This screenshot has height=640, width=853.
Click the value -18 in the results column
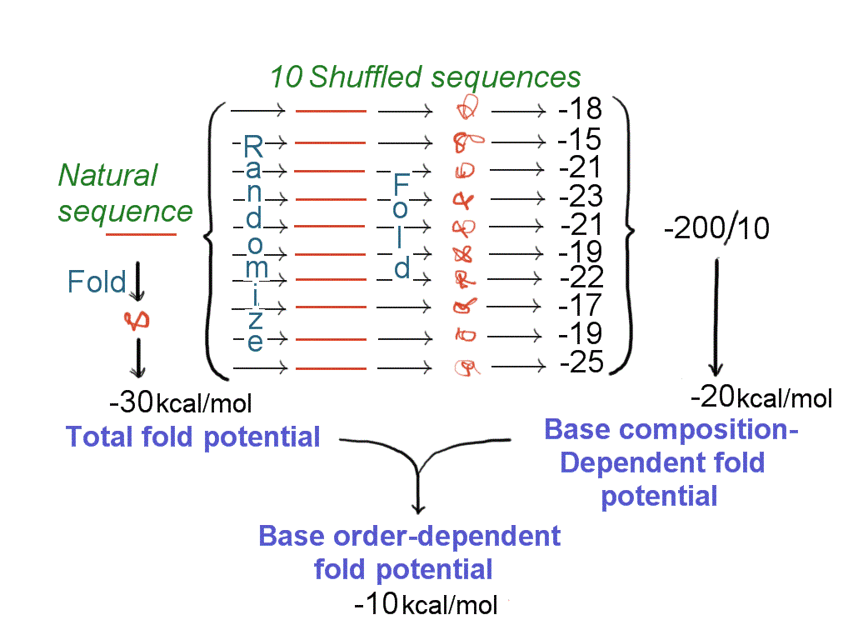(x=581, y=110)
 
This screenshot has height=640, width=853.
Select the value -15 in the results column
(x=581, y=139)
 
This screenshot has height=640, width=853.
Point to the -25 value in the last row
(x=581, y=362)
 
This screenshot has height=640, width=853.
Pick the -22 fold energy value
(x=581, y=277)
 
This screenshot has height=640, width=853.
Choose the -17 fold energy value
(x=581, y=305)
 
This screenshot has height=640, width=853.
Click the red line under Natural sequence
(x=142, y=235)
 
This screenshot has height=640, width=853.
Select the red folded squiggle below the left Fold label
(x=135, y=318)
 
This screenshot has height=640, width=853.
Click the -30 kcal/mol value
(x=180, y=403)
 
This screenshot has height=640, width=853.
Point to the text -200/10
(x=716, y=227)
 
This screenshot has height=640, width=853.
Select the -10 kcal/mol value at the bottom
(x=425, y=603)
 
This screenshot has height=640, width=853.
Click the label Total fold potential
(x=193, y=437)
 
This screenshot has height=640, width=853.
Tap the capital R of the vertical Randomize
(x=253, y=148)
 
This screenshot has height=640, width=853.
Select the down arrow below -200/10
(x=715, y=317)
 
